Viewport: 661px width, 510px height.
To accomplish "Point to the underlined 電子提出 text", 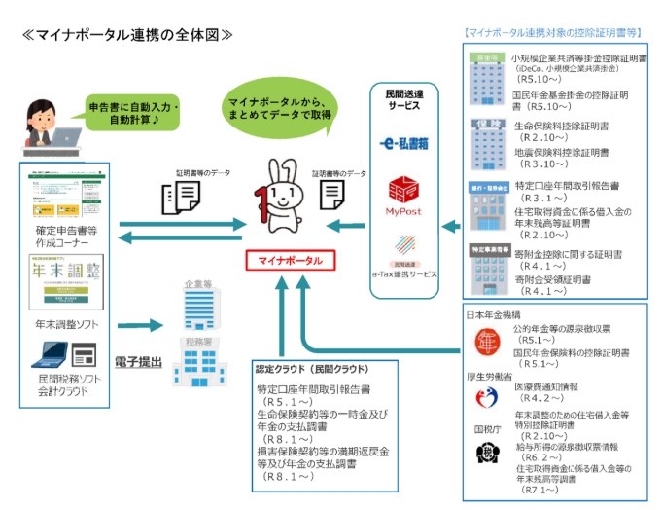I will pos(135,362).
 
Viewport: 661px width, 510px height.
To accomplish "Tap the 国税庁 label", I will pos(487,427).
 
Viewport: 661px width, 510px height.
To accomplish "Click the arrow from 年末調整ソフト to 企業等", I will pos(138,327).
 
